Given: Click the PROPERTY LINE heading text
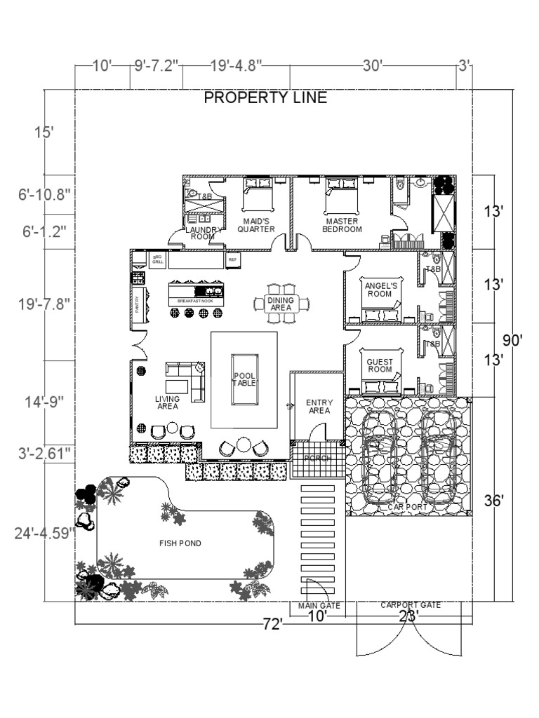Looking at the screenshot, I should (x=265, y=98).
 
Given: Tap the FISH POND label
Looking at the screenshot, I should (x=180, y=543).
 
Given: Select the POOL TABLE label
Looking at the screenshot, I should (x=244, y=379).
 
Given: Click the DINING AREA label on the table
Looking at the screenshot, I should (x=281, y=304).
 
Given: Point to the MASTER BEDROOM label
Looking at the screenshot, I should (x=342, y=224).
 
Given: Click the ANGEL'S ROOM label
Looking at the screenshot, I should (x=380, y=290).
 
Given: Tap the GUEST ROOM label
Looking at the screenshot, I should (x=380, y=365).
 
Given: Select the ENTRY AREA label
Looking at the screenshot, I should (x=319, y=407).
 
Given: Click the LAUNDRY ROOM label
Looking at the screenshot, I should (x=203, y=233).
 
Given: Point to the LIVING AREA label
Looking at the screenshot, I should (x=167, y=402).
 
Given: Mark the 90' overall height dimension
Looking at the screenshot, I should (x=516, y=341).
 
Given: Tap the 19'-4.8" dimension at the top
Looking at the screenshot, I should (x=236, y=66).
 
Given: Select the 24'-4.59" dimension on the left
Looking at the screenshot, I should (x=45, y=533).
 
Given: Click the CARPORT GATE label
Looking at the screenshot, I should (x=411, y=604).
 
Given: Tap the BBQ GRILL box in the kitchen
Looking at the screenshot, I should (x=158, y=259).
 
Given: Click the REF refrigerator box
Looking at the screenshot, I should (x=232, y=259).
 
